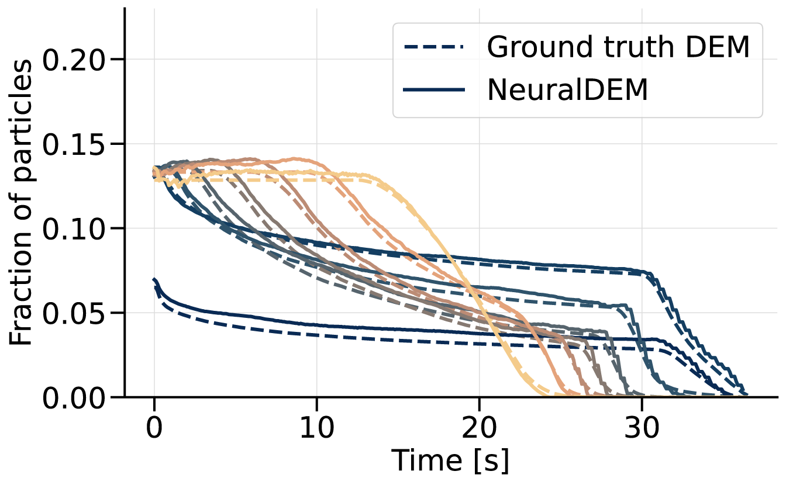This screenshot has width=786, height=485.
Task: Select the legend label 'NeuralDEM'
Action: pos(567,91)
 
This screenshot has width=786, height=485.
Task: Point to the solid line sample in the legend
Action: pos(435,91)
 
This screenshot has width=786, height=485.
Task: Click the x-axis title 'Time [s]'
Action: pos(450,461)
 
